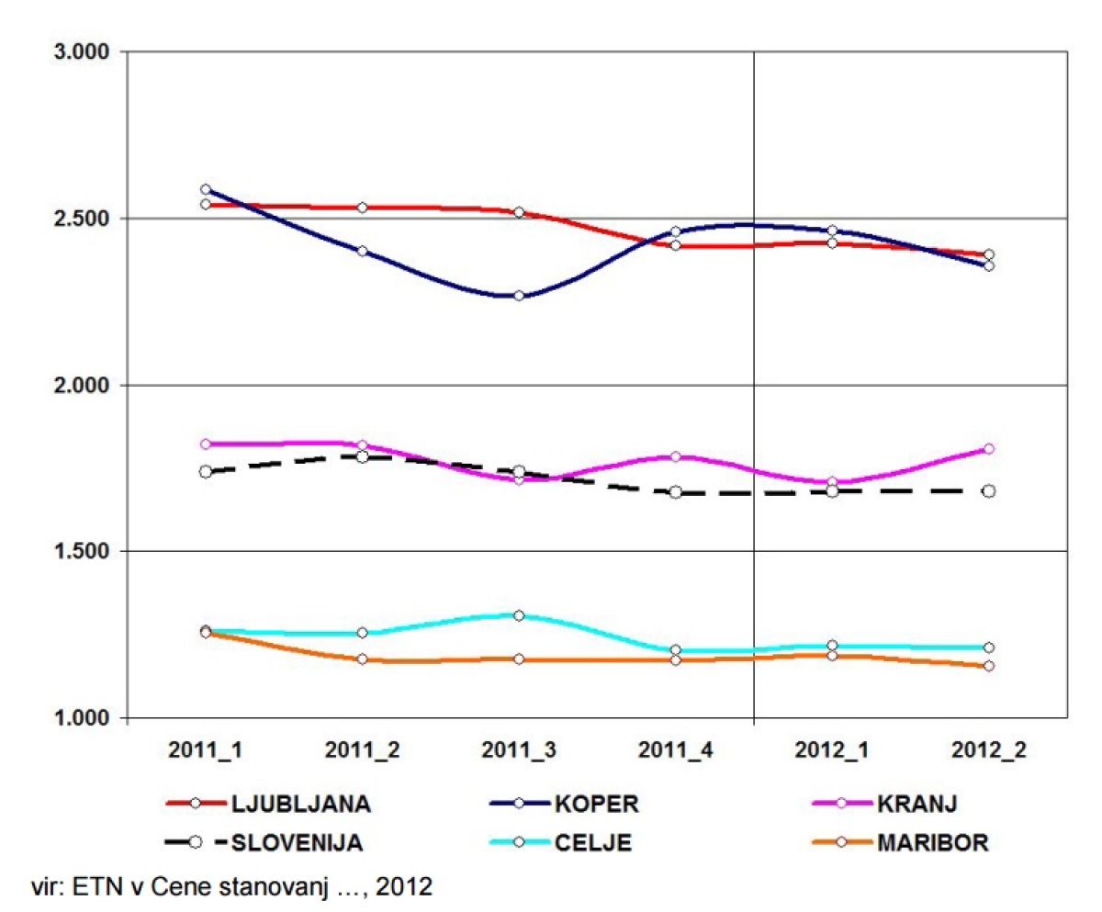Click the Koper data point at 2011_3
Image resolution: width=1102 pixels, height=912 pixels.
[519, 296]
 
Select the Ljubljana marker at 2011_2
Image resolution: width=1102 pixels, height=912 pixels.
[362, 208]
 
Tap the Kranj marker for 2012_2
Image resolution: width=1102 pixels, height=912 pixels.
[989, 449]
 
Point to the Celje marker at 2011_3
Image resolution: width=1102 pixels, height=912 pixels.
[519, 615]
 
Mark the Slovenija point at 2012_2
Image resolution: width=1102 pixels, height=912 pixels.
[989, 491]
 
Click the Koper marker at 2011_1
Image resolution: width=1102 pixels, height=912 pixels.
[206, 190]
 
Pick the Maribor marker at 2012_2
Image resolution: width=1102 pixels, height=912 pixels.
[989, 666]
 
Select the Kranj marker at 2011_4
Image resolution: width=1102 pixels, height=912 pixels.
[676, 456]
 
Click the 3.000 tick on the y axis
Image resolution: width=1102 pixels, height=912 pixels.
[79, 52]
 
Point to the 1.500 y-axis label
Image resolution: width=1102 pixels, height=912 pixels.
[79, 552]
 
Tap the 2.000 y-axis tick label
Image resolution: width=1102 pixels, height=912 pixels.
[79, 386]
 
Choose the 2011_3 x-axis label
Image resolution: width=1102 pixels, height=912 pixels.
[519, 749]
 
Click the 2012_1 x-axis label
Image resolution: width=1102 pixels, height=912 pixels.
[832, 749]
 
